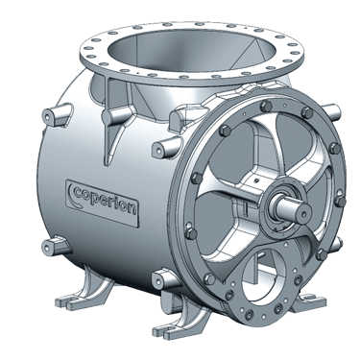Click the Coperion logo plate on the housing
pyautogui.click(x=103, y=203)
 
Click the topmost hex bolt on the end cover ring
pyautogui.click(x=266, y=107)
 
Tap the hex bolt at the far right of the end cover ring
pyautogui.click(x=340, y=202)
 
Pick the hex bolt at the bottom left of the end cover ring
pyautogui.click(x=209, y=279)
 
